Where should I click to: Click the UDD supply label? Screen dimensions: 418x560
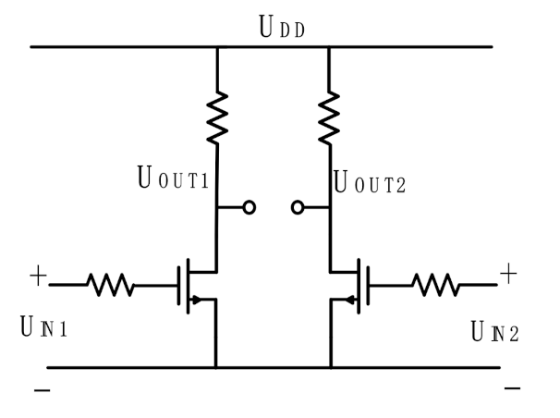point(283,31)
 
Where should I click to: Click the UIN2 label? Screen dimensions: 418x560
point(493,329)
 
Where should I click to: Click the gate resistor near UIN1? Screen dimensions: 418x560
point(110,285)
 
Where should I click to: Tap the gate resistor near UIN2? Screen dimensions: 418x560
point(436,285)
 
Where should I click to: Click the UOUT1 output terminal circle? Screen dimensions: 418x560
point(249,208)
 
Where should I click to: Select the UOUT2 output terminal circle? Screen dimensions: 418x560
point(298,208)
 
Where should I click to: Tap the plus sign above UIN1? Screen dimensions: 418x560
point(38,275)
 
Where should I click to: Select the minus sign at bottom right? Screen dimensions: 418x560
point(512,387)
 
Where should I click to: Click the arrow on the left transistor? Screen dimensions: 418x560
point(197,299)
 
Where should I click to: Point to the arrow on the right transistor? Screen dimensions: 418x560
point(350,299)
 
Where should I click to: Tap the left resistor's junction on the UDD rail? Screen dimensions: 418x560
point(217,47)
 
